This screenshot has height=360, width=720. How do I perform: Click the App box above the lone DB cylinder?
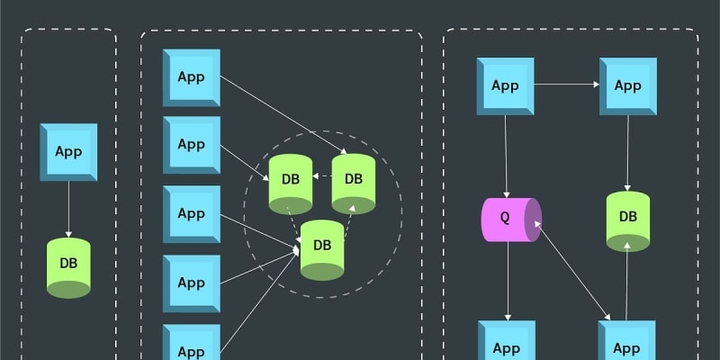[x=68, y=151]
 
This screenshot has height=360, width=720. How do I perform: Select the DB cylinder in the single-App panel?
[x=68, y=266]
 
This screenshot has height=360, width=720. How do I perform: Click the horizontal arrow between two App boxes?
[x=567, y=85]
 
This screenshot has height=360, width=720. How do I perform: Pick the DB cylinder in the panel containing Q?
[x=628, y=220]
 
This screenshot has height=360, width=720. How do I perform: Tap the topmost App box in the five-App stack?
[x=191, y=76]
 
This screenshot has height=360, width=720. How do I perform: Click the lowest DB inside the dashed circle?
[x=322, y=247]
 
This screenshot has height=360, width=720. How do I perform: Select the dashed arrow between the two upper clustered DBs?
[x=321, y=178]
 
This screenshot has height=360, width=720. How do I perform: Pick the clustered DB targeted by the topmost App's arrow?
[x=353, y=181]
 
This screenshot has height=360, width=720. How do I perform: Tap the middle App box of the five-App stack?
[x=191, y=214]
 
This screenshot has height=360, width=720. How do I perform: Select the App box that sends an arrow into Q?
[x=505, y=86]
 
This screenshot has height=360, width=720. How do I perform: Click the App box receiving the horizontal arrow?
[x=628, y=86]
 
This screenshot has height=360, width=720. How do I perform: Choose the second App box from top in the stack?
[x=191, y=145]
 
